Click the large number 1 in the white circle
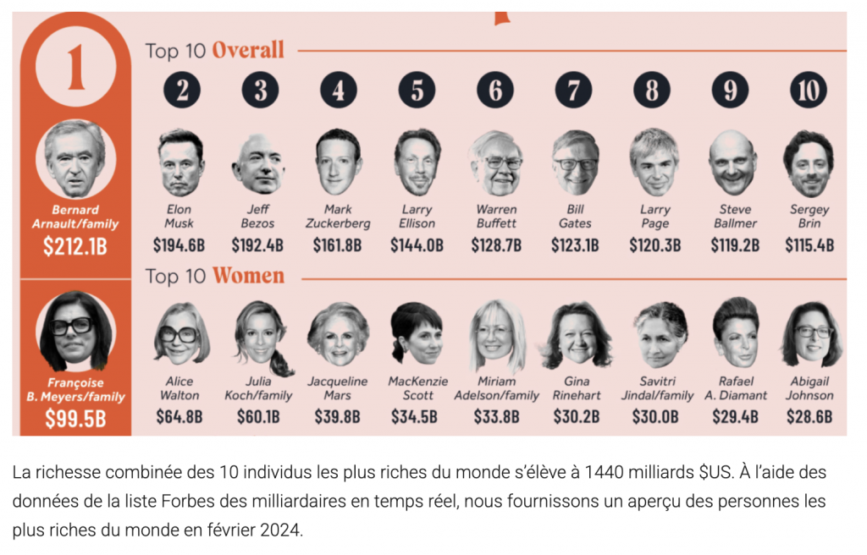[75, 69]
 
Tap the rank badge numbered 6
[495, 90]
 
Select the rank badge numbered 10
[809, 90]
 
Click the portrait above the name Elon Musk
[180, 162]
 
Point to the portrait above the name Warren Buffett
[496, 162]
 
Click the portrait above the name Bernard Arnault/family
[75, 159]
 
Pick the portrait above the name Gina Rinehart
[577, 335]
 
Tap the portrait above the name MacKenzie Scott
[417, 335]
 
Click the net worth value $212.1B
[75, 247]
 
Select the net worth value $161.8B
[337, 245]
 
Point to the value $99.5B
[75, 418]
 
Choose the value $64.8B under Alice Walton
[179, 416]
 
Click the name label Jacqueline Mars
[337, 388]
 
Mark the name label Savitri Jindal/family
[656, 388]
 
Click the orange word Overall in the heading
[247, 50]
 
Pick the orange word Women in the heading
[248, 276]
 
